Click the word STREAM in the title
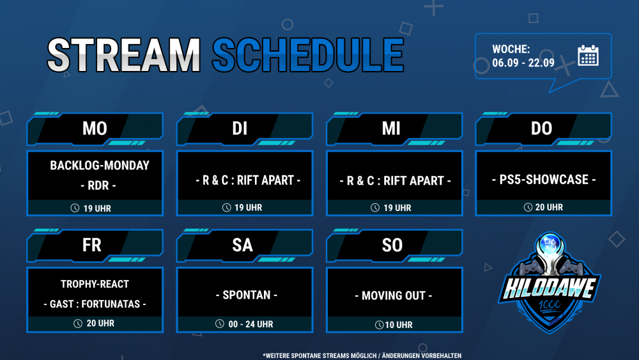123,54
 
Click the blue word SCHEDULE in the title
308,54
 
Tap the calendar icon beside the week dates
588,56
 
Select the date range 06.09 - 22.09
523,63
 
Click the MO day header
95,129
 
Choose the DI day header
240,129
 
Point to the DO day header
541,129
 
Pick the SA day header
242,245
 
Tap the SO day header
392,245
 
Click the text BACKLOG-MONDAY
100,165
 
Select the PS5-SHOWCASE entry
544,180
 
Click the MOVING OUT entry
393,295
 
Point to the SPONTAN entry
246,295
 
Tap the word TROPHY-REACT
95,284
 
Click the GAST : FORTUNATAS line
95,304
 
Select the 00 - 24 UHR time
250,324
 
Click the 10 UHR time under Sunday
399,325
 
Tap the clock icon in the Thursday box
528,208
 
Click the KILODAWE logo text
549,288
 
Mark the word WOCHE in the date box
511,49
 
